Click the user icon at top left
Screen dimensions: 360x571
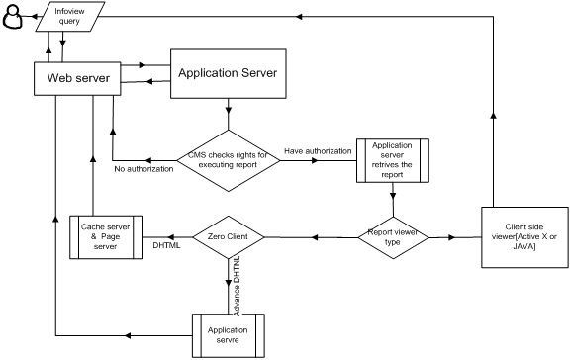[x=14, y=17]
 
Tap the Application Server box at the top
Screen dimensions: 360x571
[x=229, y=72]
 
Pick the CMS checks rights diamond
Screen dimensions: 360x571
[x=229, y=160]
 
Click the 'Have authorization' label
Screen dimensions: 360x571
[x=318, y=151]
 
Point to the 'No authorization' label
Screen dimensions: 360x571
[x=143, y=169]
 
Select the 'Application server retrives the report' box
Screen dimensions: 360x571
[x=392, y=159]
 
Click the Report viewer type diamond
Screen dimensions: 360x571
[x=393, y=237]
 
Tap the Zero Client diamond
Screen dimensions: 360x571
[x=229, y=237]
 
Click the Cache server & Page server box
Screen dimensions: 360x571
[x=107, y=237]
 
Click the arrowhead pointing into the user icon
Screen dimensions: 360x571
[x=32, y=17]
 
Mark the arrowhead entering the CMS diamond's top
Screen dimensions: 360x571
[x=229, y=113]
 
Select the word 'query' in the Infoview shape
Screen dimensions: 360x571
[x=68, y=21]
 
